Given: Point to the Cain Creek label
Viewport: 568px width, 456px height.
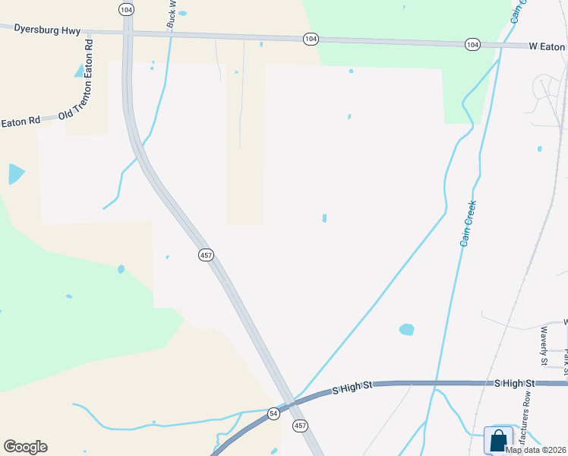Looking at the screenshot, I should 468,223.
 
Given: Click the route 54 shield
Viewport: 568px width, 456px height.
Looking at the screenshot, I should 273,413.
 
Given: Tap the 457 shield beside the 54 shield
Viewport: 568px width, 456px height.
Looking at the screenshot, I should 301,426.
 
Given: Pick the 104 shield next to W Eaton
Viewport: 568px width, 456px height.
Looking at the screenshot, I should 472,46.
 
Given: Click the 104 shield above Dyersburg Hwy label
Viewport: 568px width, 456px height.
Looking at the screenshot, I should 126,9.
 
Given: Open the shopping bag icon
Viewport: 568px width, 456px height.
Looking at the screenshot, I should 498,441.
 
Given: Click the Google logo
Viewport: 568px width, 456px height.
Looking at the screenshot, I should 25,447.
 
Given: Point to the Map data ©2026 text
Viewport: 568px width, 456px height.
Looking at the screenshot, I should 535,449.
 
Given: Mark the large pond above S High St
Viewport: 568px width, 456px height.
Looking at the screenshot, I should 407,330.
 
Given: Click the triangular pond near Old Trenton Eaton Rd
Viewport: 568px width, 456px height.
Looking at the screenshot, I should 79,71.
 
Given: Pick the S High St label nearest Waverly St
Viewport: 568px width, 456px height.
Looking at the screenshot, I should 516,384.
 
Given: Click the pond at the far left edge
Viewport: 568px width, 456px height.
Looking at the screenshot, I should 14,175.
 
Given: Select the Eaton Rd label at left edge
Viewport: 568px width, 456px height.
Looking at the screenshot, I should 20,122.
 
